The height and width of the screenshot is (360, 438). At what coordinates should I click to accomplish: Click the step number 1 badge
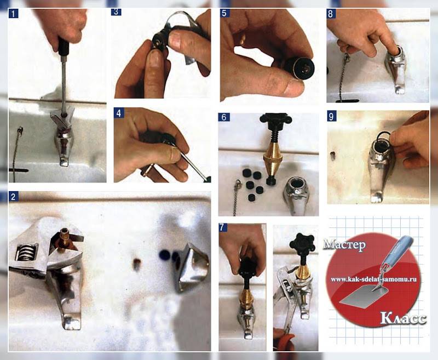(13, 13)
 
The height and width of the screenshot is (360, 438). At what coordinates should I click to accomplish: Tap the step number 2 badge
(13, 197)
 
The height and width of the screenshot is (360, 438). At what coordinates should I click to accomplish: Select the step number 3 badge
(116, 12)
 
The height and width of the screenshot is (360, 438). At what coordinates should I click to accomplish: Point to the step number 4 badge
(119, 113)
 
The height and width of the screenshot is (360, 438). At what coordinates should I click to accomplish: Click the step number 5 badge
(225, 13)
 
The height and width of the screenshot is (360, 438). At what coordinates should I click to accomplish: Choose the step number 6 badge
(224, 117)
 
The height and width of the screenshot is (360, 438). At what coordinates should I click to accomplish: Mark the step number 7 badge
(222, 227)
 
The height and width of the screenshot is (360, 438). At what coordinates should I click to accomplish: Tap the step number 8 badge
(331, 14)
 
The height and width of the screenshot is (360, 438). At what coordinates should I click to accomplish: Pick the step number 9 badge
(332, 117)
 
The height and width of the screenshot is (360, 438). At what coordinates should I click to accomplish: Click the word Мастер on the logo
(345, 245)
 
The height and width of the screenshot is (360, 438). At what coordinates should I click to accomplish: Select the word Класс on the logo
(404, 318)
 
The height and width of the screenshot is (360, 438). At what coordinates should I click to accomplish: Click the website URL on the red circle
(374, 279)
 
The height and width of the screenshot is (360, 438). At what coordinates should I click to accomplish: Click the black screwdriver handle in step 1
(64, 47)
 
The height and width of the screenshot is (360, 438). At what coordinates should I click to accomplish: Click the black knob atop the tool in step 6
(276, 118)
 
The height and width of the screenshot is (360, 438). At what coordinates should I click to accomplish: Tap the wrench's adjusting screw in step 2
(27, 252)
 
